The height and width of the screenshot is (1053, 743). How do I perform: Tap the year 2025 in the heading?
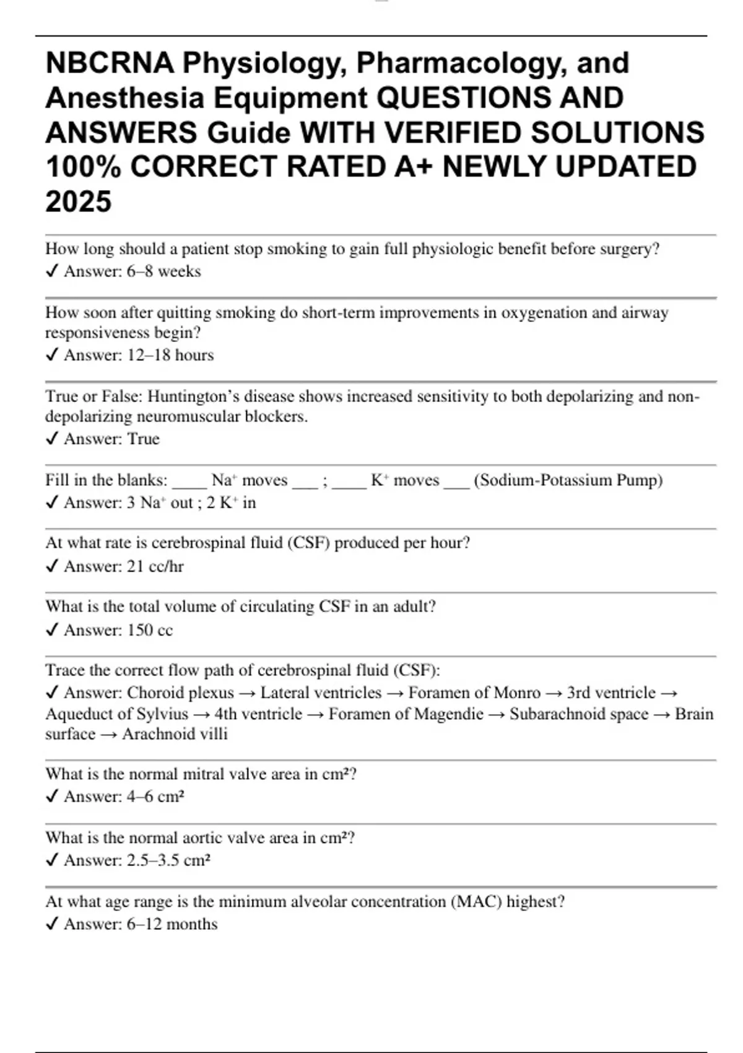coord(79,202)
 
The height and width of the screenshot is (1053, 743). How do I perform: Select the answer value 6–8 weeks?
coord(164,271)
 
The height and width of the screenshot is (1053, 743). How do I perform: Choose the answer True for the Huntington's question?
coord(143,439)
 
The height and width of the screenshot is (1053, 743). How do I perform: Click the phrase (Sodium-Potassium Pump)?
coord(568,480)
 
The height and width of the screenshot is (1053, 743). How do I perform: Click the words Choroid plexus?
coord(180,693)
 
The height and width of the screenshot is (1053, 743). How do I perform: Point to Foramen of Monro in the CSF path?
coord(474,693)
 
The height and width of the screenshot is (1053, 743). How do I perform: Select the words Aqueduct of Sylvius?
coord(116,714)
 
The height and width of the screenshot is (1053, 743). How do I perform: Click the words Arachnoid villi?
coord(175,734)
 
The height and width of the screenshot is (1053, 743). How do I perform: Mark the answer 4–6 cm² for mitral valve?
coord(155,796)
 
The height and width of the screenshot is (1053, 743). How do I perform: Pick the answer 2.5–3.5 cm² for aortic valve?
coord(168,860)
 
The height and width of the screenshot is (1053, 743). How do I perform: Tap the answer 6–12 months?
coord(172,924)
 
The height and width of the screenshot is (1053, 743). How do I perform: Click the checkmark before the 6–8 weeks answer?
coord(53,271)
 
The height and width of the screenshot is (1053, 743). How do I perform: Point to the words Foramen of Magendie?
coord(406,714)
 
